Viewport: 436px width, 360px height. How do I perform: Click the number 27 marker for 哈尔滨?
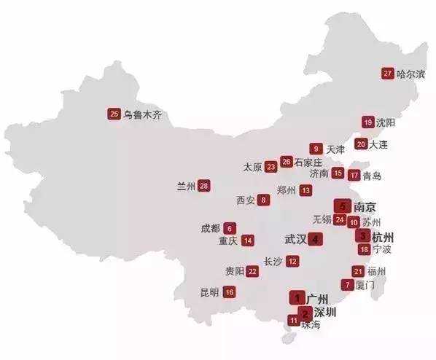(387, 73)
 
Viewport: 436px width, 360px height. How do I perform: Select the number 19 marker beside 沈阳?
(368, 122)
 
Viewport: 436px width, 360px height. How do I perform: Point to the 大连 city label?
(379, 144)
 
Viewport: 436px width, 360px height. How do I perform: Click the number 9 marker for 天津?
(316, 149)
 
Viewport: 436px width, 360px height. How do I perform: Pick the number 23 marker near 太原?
(271, 167)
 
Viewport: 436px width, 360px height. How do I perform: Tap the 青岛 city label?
(372, 176)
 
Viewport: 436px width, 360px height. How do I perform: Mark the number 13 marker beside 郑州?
(305, 190)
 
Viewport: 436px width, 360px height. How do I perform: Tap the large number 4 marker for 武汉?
(314, 238)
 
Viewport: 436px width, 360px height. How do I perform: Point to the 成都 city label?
(210, 228)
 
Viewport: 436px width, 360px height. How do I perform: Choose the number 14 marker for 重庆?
(248, 240)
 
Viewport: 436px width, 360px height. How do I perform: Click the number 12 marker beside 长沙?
(292, 261)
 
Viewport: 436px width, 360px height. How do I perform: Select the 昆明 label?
(209, 292)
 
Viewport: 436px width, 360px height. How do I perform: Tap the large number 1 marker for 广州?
(297, 297)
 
